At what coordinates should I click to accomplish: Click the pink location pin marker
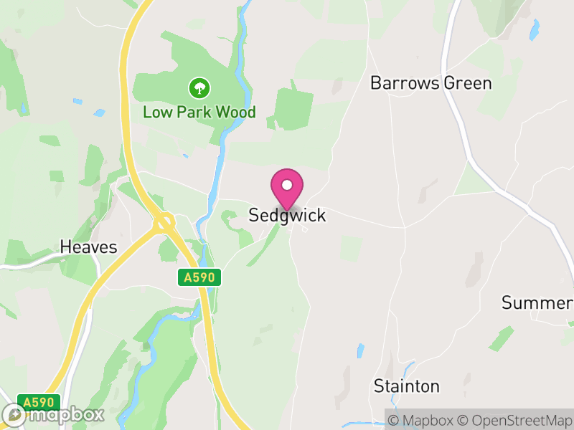pyautogui.click(x=287, y=188)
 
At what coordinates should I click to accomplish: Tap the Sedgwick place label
pyautogui.click(x=287, y=215)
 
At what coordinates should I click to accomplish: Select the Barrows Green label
pyautogui.click(x=430, y=83)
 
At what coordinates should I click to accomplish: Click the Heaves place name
pyautogui.click(x=88, y=247)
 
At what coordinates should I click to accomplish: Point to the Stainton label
pyautogui.click(x=406, y=386)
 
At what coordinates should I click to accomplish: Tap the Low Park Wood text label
pyautogui.click(x=199, y=113)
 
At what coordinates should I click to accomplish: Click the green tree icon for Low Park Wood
pyautogui.click(x=199, y=89)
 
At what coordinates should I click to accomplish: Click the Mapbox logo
pyautogui.click(x=54, y=414)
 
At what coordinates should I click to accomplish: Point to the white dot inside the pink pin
pyautogui.click(x=287, y=185)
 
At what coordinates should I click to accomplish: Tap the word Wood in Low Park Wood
pyautogui.click(x=237, y=113)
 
